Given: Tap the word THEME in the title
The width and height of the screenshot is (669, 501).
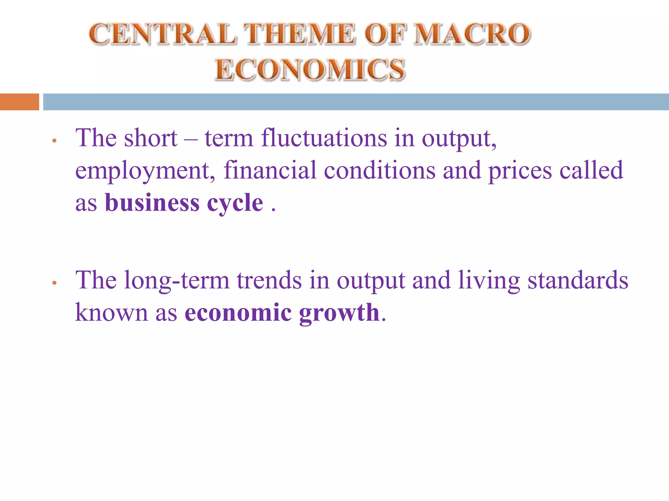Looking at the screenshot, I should (300, 34).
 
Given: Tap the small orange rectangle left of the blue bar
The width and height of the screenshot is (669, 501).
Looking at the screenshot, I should (19, 102).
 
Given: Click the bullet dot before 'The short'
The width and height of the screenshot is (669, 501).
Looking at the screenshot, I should (55, 141).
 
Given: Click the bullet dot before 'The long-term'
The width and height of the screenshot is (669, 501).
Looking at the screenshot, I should (55, 283).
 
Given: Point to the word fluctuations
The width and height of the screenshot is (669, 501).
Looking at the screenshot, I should (324, 138).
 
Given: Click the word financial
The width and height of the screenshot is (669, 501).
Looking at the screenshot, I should (270, 170).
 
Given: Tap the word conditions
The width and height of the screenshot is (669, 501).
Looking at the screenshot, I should (380, 170).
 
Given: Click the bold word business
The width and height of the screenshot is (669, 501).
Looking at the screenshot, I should (152, 203).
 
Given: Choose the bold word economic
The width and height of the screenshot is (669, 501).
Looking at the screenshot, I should (238, 312).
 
